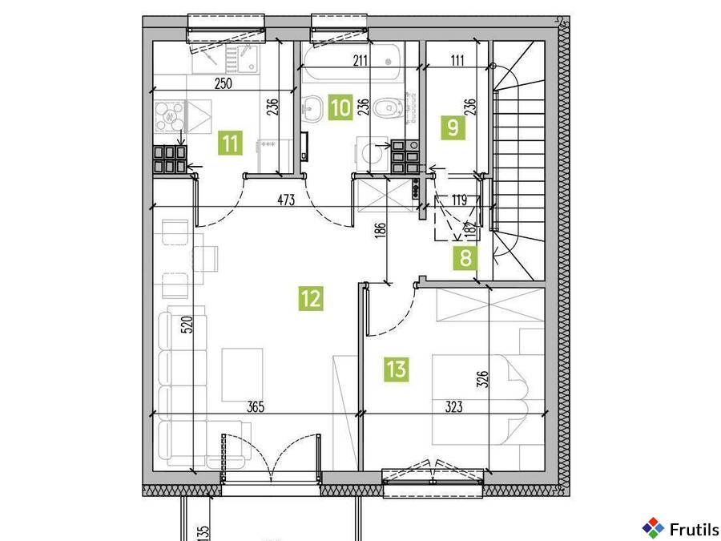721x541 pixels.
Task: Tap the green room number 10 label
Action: point(340,107)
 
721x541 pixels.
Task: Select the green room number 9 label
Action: point(453,127)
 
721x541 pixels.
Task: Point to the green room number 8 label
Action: point(465,258)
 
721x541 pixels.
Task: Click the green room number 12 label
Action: point(311,298)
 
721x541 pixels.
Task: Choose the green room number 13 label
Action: point(397,369)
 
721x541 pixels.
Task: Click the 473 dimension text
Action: point(286,200)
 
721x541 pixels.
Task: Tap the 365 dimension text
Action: point(256,407)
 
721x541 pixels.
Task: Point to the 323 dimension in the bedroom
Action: point(453,407)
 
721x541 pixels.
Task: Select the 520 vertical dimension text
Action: point(187,325)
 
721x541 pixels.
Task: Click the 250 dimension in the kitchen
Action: point(223,83)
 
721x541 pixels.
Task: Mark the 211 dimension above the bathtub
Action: point(361,60)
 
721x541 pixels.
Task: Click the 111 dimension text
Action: point(457,60)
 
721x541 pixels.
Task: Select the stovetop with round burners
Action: point(169,116)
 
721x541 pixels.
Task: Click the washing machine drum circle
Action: point(373,154)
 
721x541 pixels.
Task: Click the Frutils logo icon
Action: point(653,528)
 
